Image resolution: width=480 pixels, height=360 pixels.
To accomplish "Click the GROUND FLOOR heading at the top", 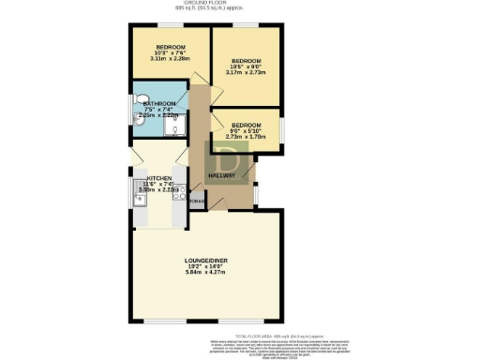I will pos(240,4).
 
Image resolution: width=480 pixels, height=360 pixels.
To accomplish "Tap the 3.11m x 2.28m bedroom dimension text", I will pos(170,58).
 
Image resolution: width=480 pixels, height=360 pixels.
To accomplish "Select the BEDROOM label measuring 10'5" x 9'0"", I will pos(246,61).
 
